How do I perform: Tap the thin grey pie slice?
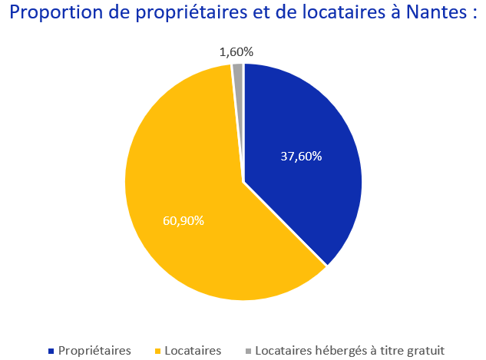point(238,71)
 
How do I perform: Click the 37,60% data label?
point(301,156)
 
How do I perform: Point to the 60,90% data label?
point(183,220)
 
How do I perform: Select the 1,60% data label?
point(236,52)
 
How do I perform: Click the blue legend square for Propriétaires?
point(51,351)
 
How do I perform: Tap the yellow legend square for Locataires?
point(159,351)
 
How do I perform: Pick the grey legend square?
point(248,351)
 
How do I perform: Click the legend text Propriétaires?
point(94,350)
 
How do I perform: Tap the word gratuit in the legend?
point(425,350)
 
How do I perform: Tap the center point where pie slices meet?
point(243,182)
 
